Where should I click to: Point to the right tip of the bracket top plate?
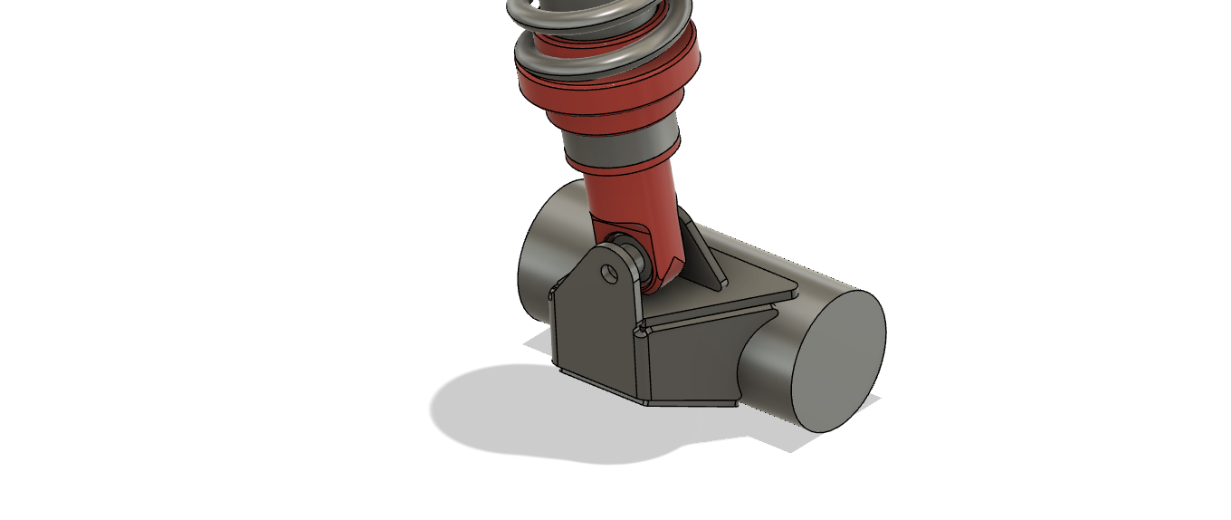794,292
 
